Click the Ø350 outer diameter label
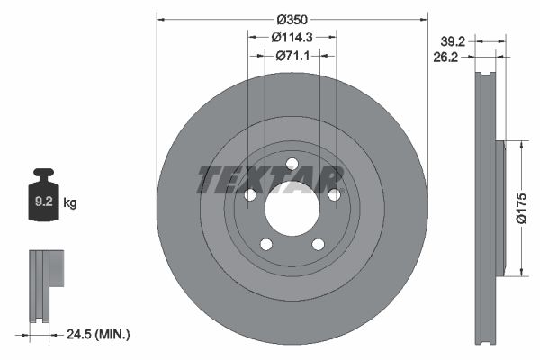pos(292,20)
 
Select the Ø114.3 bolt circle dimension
pos(292,37)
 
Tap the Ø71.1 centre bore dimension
pos(292,56)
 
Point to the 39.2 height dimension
pos(453,41)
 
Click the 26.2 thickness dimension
pos(445,58)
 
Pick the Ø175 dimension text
pos(521,208)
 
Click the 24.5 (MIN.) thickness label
pos(98,334)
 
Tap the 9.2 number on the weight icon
pos(44,202)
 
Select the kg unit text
pos(70,202)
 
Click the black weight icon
pos(44,194)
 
